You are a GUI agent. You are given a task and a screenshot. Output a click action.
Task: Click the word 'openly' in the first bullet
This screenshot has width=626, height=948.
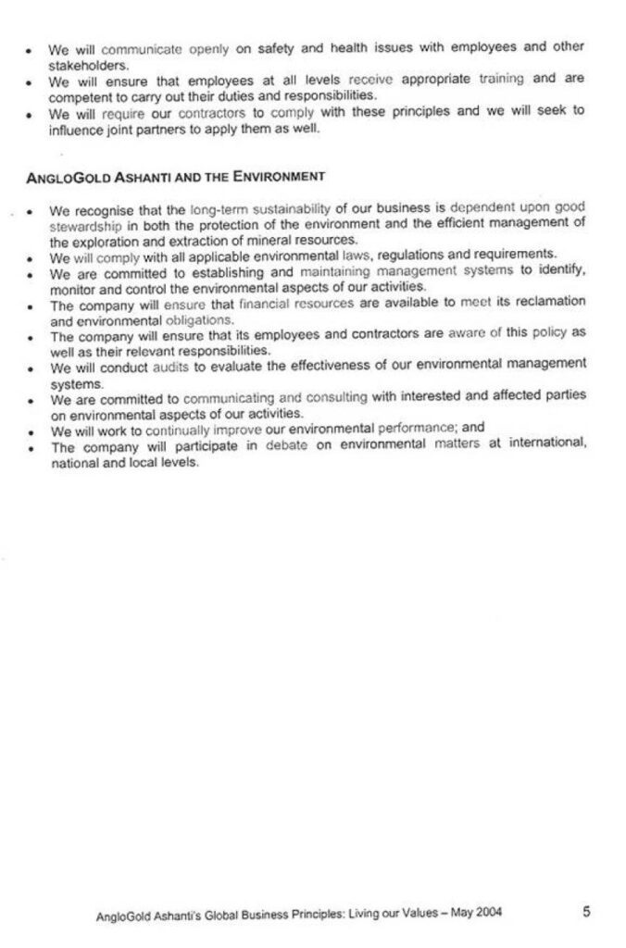(208, 48)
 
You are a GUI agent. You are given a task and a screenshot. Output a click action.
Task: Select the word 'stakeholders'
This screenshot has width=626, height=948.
(88, 66)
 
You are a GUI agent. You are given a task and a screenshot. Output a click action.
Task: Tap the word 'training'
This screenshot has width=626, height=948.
(501, 80)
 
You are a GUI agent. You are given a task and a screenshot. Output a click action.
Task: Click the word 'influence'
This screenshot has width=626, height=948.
(79, 128)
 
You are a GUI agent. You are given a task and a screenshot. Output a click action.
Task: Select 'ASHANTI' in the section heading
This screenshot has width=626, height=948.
(134, 175)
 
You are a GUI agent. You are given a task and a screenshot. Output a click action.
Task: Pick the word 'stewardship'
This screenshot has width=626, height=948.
(87, 224)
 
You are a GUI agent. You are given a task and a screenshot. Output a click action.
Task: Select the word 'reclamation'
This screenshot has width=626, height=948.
(545, 302)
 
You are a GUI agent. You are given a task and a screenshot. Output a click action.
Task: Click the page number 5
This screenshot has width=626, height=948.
(586, 911)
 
